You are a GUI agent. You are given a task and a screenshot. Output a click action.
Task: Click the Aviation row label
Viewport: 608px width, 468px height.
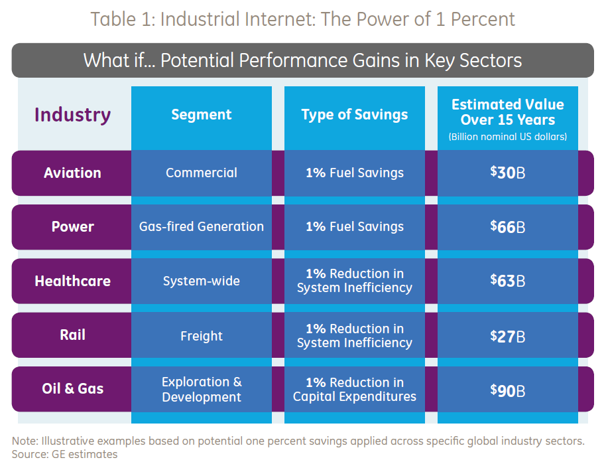(x=72, y=173)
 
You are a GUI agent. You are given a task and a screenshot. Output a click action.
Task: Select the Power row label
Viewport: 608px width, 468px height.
(x=72, y=226)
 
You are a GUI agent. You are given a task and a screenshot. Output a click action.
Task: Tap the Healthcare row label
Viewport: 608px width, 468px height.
(x=72, y=281)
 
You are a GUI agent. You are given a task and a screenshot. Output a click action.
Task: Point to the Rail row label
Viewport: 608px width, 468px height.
(x=72, y=335)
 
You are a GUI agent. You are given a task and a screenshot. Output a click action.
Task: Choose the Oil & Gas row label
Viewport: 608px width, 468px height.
(x=72, y=388)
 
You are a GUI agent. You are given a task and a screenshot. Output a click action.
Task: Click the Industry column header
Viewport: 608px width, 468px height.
(x=72, y=115)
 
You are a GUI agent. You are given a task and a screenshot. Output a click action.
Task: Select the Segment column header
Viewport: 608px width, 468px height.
(x=202, y=115)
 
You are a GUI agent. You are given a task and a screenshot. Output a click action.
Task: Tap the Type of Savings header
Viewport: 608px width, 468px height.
(x=355, y=115)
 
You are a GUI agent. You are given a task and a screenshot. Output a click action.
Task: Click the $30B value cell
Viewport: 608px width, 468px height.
(x=508, y=173)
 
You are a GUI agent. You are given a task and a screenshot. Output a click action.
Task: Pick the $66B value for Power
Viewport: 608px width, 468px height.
(x=508, y=226)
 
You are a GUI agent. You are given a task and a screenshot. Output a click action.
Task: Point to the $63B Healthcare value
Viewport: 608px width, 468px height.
(x=508, y=281)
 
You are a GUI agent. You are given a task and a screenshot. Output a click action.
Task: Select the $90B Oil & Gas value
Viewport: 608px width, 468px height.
(x=508, y=390)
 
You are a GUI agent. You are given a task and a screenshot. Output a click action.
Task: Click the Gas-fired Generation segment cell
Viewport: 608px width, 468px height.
(x=202, y=226)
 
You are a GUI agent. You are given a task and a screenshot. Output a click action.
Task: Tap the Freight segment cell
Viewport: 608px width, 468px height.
(x=202, y=335)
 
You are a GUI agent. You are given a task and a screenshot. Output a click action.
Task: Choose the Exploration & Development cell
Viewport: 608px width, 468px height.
(x=202, y=390)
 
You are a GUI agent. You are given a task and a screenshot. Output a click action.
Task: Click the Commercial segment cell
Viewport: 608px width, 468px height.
(x=202, y=173)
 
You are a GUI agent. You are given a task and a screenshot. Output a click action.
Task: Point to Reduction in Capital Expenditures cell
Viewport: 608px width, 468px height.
(x=355, y=390)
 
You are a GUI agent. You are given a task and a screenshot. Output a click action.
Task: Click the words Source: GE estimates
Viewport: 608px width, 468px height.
(x=64, y=455)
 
